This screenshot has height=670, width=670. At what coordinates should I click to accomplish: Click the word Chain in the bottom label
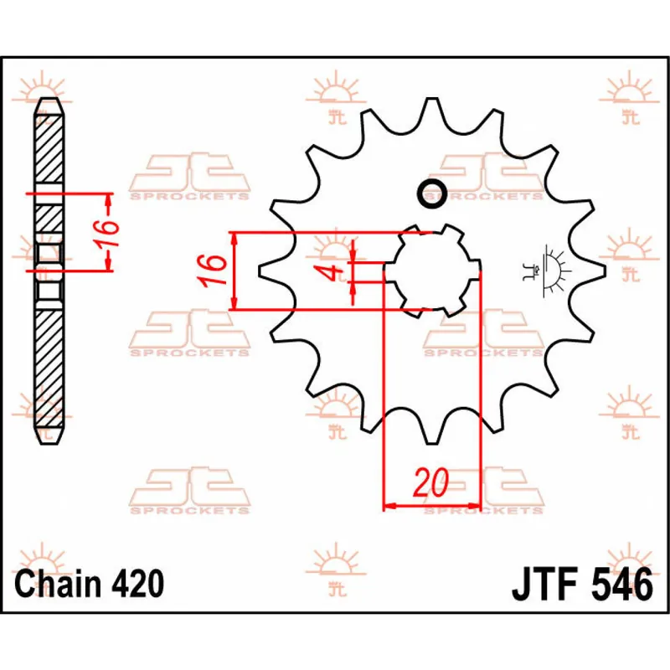[x=56, y=584]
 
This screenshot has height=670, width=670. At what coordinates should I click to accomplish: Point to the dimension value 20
[x=430, y=483]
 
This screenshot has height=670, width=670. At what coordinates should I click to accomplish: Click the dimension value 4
[x=333, y=271]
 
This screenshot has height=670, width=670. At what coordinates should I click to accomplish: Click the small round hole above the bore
[x=432, y=193]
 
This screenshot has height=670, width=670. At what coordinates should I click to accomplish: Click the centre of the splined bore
[x=432, y=271]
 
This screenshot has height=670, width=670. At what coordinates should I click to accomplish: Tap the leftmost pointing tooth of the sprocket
[x=266, y=270]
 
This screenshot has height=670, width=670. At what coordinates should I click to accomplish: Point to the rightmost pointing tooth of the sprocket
[x=597, y=270]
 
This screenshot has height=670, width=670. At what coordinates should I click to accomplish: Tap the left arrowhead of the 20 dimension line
[x=388, y=506]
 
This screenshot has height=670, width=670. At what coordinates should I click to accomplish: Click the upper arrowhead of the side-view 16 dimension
[x=108, y=198]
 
